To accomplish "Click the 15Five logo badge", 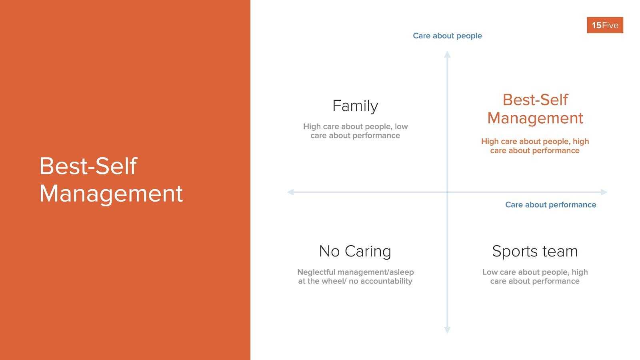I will [x=605, y=25].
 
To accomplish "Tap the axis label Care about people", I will [x=447, y=36].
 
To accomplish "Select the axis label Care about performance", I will [x=550, y=205].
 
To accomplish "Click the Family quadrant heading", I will [x=355, y=106].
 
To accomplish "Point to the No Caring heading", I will [x=355, y=251].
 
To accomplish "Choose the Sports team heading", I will [x=535, y=251].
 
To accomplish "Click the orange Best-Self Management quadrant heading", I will [x=535, y=109].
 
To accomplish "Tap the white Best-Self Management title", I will [x=111, y=180].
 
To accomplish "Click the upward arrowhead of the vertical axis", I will [x=447, y=55].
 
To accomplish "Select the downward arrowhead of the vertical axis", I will [x=447, y=330].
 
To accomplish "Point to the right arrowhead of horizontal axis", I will [x=604, y=192].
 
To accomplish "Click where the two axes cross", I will [x=447, y=192].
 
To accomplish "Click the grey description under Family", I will [x=355, y=131].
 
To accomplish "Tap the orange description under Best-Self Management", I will [x=535, y=146].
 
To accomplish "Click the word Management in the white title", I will [x=111, y=194].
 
